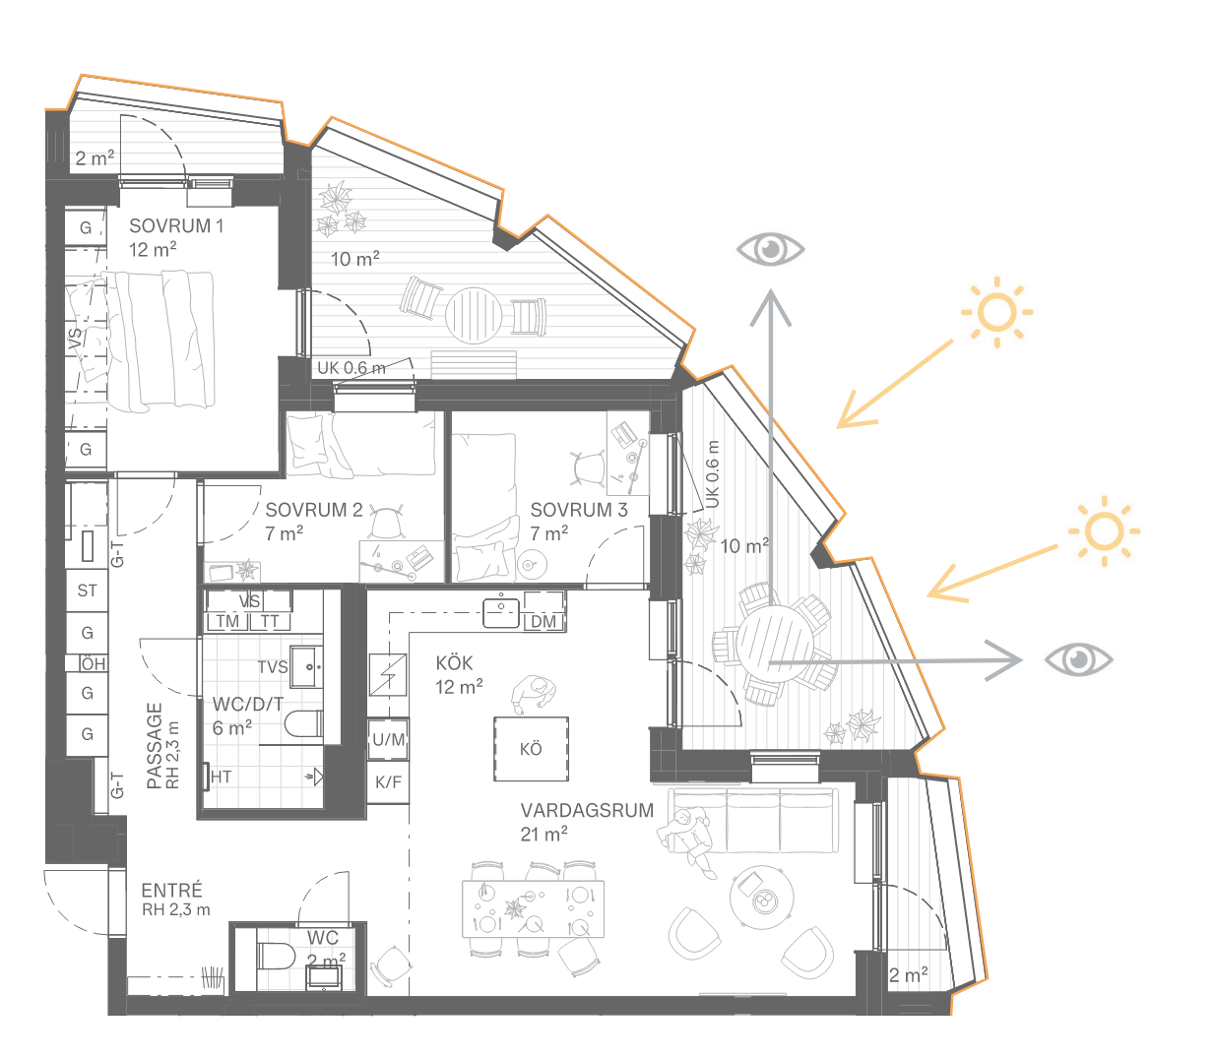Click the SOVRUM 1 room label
176,226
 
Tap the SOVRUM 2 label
314,510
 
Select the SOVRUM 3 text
579,510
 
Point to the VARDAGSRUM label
587,810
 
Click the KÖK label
454,662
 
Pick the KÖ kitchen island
531,748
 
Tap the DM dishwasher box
544,621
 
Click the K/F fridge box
388,782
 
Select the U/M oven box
388,739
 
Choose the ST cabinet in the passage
87,591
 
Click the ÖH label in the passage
94,663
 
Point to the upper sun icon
997,312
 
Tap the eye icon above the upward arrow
770,249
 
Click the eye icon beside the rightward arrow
1078,659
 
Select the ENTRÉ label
172,891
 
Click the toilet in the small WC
276,956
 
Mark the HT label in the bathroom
221,777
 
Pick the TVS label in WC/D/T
273,667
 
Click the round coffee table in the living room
761,897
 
